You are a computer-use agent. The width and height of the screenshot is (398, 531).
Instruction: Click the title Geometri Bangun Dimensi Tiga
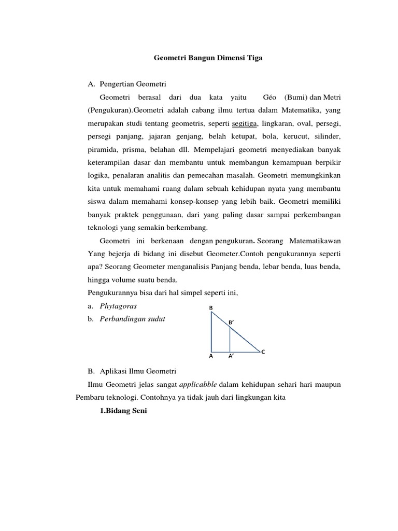(208, 59)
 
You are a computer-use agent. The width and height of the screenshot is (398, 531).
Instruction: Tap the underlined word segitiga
(247, 124)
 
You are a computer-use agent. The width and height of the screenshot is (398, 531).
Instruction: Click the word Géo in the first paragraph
(270, 97)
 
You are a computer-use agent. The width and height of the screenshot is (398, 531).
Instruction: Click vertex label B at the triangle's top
(211, 308)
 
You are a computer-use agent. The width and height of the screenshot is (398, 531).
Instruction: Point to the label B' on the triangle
(232, 322)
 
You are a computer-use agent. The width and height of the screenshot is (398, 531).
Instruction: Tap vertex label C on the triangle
(263, 352)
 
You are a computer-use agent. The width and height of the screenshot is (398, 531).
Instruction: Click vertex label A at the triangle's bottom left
(211, 357)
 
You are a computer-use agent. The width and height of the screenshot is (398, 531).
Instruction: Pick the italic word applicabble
(198, 385)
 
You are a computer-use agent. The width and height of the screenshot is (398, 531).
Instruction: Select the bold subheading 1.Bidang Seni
(123, 411)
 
